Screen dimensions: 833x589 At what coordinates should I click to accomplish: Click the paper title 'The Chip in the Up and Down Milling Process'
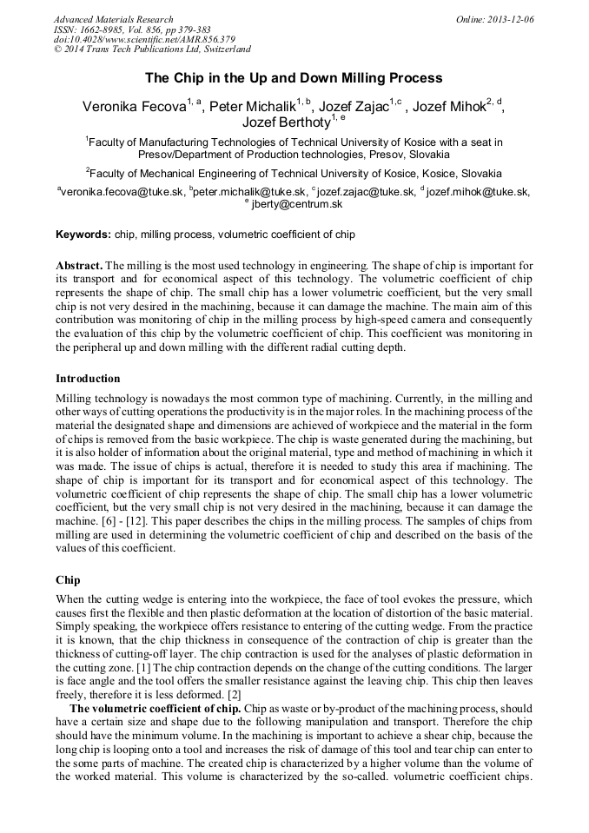coord(294,78)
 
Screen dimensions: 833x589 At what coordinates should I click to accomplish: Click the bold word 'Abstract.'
coord(79,264)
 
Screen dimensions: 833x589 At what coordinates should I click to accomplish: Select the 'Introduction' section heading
coord(88,379)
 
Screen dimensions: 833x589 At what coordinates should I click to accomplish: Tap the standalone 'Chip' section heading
coord(68,578)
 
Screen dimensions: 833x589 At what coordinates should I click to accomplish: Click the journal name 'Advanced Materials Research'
coord(113,19)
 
